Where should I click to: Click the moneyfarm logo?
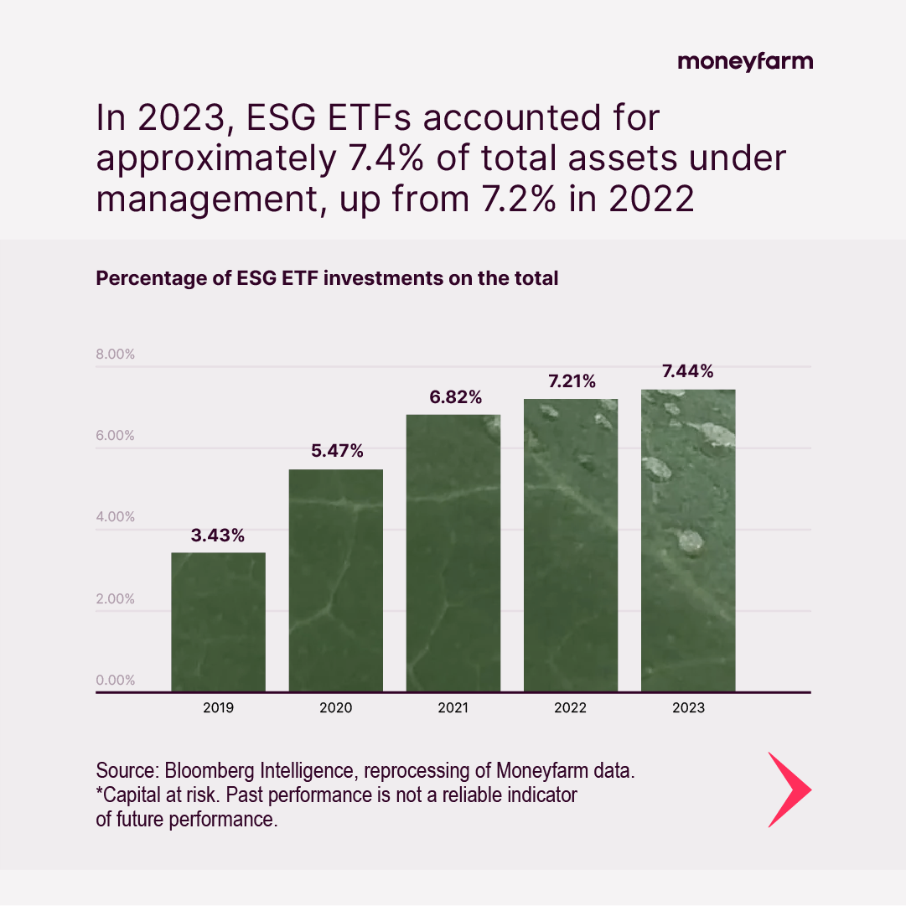pos(744,61)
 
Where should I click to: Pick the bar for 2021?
pos(453,553)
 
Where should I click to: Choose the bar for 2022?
pos(571,545)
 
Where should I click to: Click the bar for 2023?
pos(688,541)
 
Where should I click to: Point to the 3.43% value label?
pos(218,536)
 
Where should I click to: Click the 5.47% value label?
pos(336,451)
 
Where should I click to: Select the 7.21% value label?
pos(572,381)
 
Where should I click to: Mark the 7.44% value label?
pos(688,371)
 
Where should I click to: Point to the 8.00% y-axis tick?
pos(116,354)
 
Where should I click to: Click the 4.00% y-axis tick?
pos(116,516)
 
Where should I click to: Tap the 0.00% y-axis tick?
pos(116,680)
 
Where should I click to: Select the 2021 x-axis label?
pos(453,708)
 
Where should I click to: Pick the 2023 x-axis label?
pos(688,708)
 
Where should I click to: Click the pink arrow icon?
pos(789,790)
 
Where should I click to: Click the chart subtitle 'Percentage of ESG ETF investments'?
pos(327,278)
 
